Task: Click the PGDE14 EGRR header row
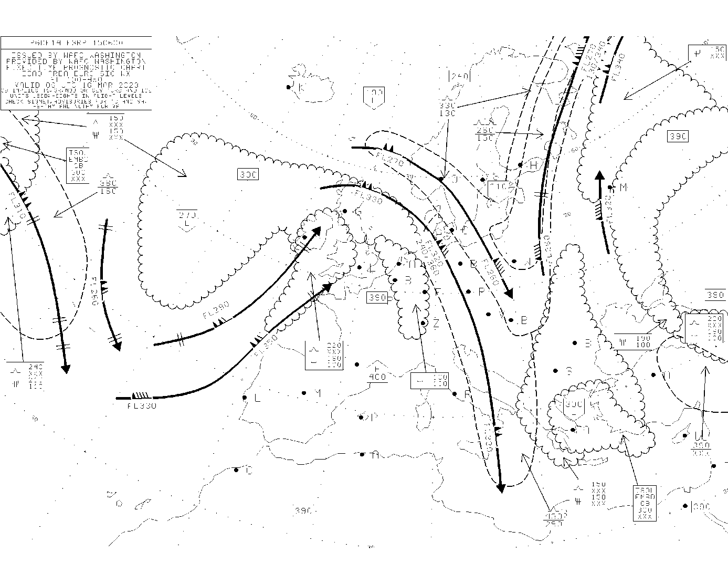(x=76, y=43)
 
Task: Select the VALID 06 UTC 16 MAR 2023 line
(x=76, y=85)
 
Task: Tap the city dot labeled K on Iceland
(x=289, y=87)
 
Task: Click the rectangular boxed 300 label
(x=247, y=174)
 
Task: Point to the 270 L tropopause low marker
(x=187, y=220)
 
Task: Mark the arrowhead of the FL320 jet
(x=598, y=176)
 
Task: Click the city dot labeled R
(x=455, y=394)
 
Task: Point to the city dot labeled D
(x=236, y=470)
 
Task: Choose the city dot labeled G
(x=345, y=211)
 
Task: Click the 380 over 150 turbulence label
(x=108, y=187)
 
